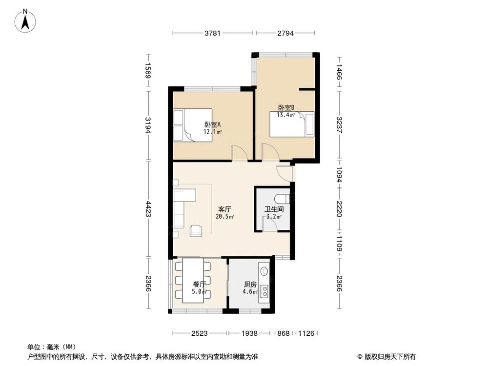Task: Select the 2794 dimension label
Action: coord(285,33)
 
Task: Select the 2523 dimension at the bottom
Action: coord(199,333)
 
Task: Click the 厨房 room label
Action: coord(250,285)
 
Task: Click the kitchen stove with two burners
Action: coord(265,291)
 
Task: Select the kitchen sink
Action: coord(264,269)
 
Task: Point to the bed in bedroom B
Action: coord(292,124)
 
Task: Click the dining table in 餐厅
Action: coord(193,281)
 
